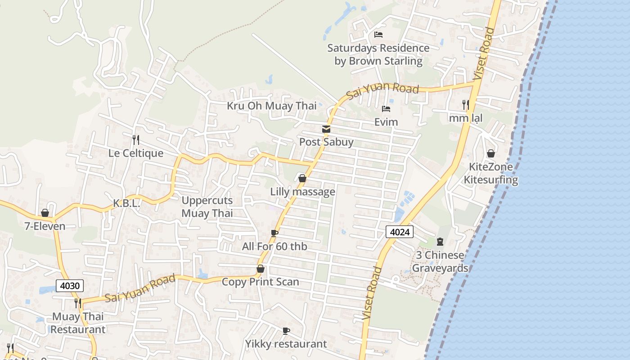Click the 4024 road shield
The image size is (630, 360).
click(x=399, y=232)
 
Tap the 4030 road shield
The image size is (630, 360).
click(x=70, y=285)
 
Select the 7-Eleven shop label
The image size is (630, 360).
click(x=45, y=226)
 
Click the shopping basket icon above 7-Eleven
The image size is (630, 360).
click(x=45, y=213)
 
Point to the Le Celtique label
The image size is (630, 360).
click(x=136, y=153)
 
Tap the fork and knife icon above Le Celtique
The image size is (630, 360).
click(x=135, y=139)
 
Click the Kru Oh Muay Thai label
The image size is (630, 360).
click(x=271, y=106)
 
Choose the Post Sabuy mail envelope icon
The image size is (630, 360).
click(x=326, y=129)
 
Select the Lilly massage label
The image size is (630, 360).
click(x=302, y=192)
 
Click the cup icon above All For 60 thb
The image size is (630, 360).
click(x=274, y=233)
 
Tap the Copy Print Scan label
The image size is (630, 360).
click(x=260, y=282)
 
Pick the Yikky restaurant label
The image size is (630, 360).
click(x=286, y=344)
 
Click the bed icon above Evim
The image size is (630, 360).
click(x=386, y=109)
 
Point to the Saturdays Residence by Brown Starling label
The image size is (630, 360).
click(x=378, y=54)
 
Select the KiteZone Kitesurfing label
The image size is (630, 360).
click(x=490, y=173)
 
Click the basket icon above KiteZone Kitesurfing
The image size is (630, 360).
click(x=490, y=154)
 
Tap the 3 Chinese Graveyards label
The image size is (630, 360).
click(x=440, y=261)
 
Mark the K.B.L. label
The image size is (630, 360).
click(x=126, y=203)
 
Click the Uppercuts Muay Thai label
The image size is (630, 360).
click(x=207, y=207)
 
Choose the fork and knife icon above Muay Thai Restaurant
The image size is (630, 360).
click(x=78, y=303)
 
